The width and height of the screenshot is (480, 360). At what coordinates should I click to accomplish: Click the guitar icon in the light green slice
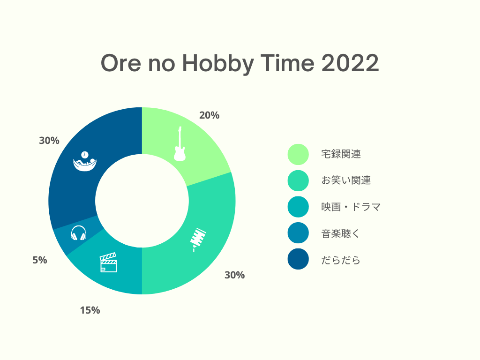click(180, 144)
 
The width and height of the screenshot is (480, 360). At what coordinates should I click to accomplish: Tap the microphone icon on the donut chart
click(198, 240)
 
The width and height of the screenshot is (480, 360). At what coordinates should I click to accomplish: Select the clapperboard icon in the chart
click(108, 262)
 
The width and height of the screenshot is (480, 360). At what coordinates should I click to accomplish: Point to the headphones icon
click(79, 233)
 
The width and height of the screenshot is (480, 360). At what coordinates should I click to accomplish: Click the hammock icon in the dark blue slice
click(85, 161)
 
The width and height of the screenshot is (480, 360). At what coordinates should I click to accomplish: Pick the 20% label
click(210, 115)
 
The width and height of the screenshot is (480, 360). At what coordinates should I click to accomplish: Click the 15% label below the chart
click(90, 310)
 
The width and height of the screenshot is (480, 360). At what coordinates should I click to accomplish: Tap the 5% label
click(40, 260)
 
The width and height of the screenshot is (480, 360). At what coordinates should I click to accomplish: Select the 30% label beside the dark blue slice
click(49, 141)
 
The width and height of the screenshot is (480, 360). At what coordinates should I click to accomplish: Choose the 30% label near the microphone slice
click(235, 275)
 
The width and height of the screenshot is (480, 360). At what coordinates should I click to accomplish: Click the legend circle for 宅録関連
click(298, 154)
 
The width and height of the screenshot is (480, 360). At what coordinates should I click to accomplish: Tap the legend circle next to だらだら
click(298, 259)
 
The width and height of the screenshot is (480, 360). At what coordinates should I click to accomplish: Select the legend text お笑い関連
click(346, 180)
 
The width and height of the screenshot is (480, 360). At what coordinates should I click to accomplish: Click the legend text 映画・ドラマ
click(351, 207)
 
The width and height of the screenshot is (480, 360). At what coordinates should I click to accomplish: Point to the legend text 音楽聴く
click(340, 233)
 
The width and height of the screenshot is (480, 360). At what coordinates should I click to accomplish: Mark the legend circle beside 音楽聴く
click(298, 233)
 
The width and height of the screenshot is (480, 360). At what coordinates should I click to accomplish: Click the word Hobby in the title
click(218, 64)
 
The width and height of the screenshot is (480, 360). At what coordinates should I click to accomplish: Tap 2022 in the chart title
click(350, 63)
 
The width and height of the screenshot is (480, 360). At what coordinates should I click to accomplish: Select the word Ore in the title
click(121, 63)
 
